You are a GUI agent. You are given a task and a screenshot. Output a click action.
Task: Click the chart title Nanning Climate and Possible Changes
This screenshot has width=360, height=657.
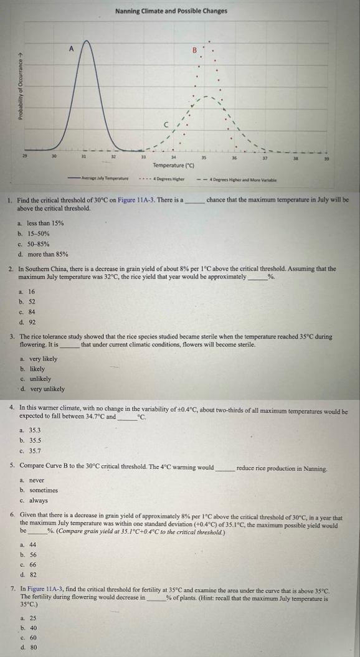pyautogui.click(x=171, y=12)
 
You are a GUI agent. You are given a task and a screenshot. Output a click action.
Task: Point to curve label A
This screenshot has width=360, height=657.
pyautogui.click(x=71, y=46)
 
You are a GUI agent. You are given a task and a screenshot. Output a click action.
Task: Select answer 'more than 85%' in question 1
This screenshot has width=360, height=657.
pyautogui.click(x=47, y=253)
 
